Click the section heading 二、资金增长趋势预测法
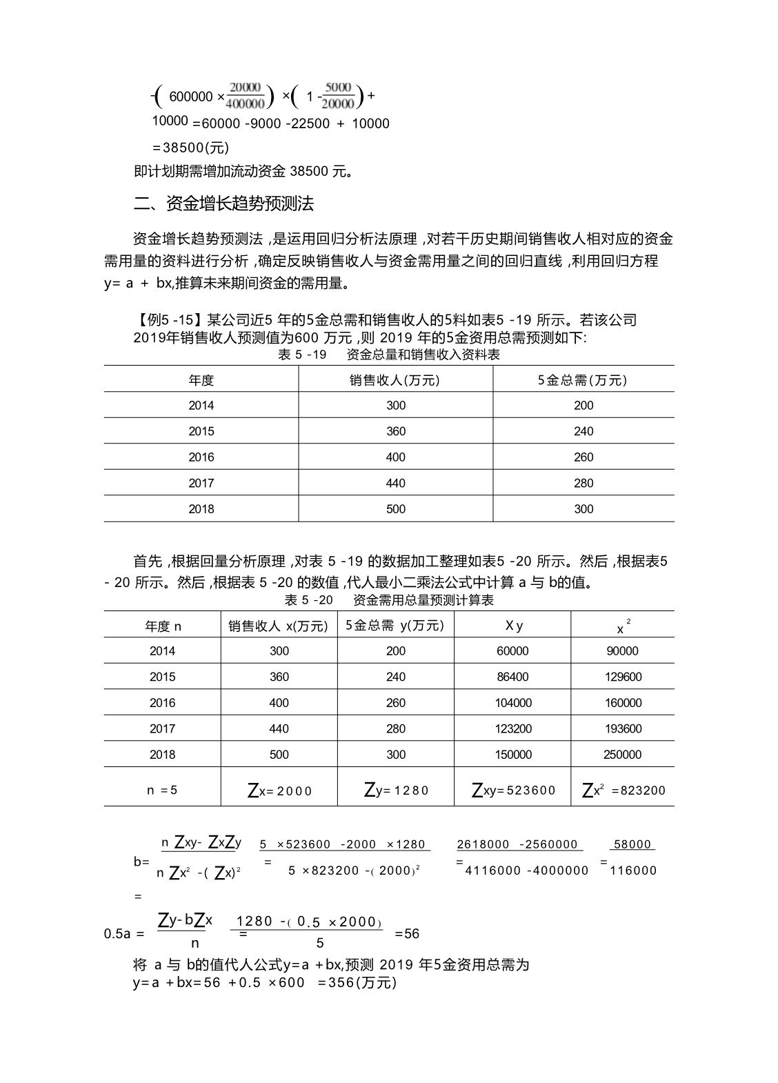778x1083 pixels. [x=223, y=203]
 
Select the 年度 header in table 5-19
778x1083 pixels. [x=201, y=380]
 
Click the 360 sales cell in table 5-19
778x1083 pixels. [x=396, y=431]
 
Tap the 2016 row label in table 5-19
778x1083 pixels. [x=201, y=457]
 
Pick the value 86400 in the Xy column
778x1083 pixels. [x=512, y=677]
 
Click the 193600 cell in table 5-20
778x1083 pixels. [x=622, y=728]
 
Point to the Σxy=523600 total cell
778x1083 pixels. [x=513, y=791]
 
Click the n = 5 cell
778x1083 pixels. [x=162, y=790]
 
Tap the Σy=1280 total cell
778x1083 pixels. [x=396, y=791]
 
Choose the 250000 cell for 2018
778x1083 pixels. [x=622, y=755]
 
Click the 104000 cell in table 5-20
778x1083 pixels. [x=512, y=703]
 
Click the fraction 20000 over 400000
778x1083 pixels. [x=246, y=95]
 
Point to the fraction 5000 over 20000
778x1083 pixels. [x=338, y=95]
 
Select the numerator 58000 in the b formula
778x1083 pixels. [x=632, y=844]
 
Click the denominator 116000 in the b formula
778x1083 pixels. [x=633, y=871]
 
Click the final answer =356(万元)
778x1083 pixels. [x=357, y=982]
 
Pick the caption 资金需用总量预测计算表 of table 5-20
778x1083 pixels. [x=423, y=600]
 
